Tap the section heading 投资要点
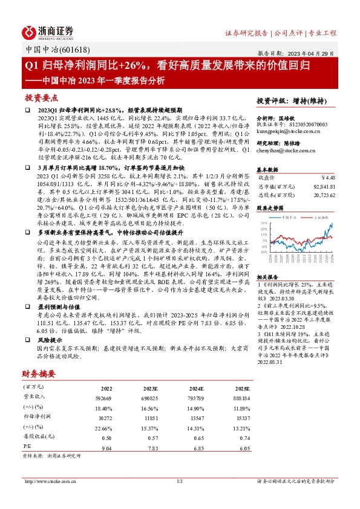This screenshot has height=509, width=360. (41, 97)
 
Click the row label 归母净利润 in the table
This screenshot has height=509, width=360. (36, 417)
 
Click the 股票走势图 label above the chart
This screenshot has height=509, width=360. (270, 206)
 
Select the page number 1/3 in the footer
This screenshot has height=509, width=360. (180, 481)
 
